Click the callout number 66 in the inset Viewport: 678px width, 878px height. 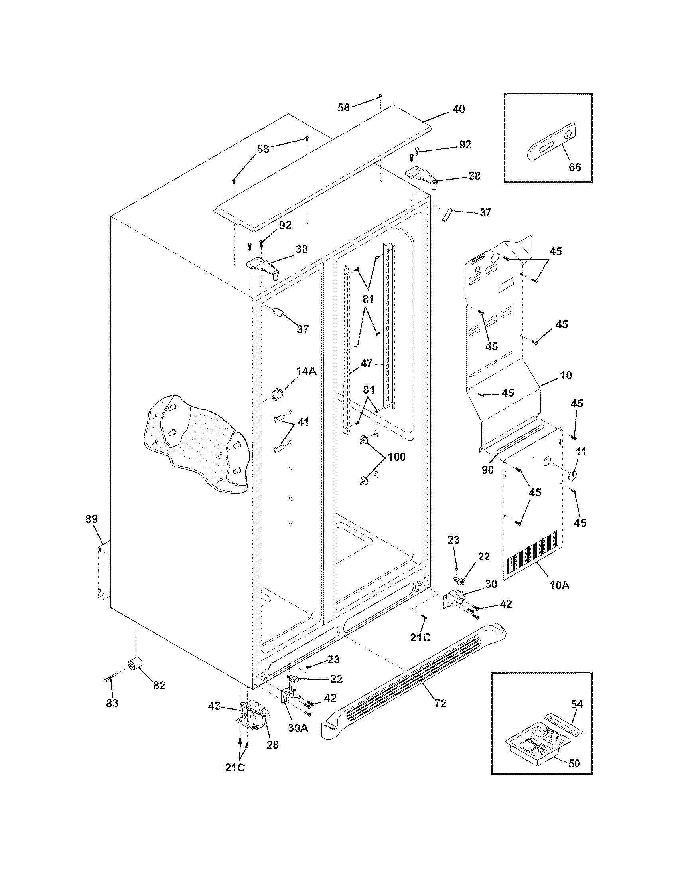pos(575,167)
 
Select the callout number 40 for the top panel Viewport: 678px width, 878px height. pos(459,109)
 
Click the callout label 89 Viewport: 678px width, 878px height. pos(92,519)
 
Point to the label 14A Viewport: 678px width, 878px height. pos(306,372)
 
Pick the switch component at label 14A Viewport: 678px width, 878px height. pos(276,394)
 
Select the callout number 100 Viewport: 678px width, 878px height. pos(396,457)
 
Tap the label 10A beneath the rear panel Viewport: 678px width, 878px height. pos(560,586)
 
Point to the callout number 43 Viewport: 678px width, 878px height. pos(215,706)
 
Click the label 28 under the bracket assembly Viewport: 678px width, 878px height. pos(272,745)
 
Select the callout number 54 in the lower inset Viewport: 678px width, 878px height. pos(577,704)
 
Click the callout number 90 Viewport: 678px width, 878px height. pos(487,470)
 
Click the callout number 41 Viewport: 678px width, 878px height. pos(303,423)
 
